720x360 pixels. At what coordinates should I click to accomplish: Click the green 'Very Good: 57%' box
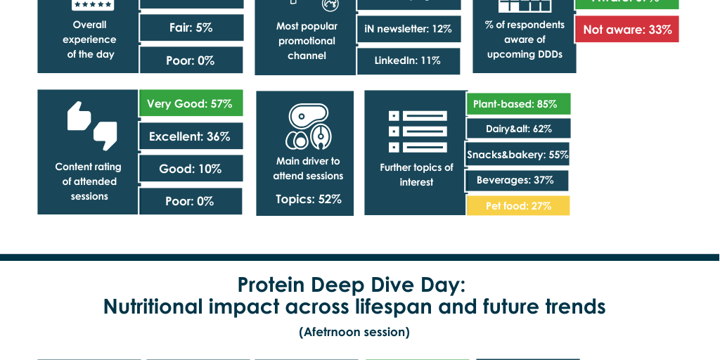tap(191, 103)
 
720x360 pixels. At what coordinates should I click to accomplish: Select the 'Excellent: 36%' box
tap(191, 136)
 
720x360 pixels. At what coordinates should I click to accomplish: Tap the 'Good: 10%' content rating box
tap(191, 169)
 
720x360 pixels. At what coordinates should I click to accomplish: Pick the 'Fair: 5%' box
tap(191, 28)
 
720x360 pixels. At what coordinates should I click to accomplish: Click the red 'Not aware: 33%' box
tap(626, 30)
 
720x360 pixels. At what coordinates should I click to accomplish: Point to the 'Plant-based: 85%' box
tap(517, 104)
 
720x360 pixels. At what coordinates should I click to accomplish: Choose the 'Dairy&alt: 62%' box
tap(518, 129)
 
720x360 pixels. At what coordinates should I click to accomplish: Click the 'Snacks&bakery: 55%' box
tap(517, 155)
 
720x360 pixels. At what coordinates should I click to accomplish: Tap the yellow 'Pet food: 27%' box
tap(517, 206)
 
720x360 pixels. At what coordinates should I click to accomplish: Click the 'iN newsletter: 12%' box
tap(409, 29)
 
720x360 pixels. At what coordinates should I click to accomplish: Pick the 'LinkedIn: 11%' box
tap(408, 61)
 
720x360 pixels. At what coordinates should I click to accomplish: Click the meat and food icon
tap(308, 127)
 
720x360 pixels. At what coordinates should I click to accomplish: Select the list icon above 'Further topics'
tap(418, 131)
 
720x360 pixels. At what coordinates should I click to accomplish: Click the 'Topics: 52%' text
tap(308, 200)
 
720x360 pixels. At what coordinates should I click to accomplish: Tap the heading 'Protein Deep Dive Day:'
tap(352, 285)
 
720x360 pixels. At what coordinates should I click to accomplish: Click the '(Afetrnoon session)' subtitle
tap(354, 332)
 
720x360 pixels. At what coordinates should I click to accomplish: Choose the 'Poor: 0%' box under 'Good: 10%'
tap(191, 202)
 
